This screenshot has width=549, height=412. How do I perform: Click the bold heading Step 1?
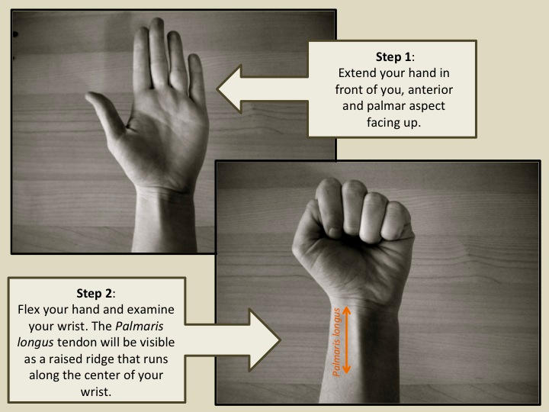393,56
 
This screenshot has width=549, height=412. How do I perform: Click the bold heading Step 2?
95,293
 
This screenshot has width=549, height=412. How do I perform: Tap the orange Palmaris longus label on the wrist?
337,343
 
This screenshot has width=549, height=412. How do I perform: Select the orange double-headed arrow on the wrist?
346,340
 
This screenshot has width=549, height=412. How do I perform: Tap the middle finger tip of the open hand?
156,24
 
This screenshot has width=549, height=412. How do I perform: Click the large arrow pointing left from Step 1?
262,89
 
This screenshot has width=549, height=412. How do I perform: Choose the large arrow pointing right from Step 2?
233,340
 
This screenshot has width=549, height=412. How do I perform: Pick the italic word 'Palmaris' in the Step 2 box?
140,327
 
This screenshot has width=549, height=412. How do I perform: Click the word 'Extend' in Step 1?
354,73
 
